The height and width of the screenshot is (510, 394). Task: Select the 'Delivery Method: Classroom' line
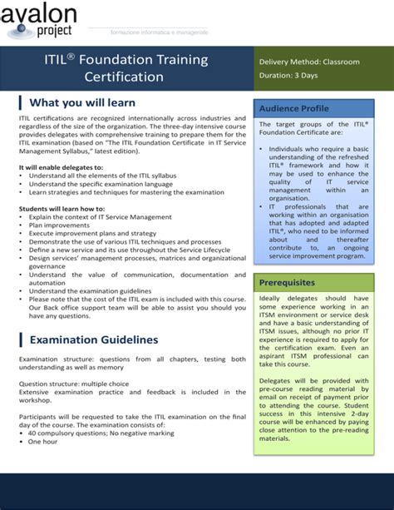309,62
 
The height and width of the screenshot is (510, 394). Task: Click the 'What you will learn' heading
81,102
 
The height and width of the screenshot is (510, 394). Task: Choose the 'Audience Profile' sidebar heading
293,109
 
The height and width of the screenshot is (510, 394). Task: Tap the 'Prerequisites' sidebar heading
287,282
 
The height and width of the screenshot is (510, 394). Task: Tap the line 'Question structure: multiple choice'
75,384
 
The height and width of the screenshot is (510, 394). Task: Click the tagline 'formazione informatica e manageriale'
160,31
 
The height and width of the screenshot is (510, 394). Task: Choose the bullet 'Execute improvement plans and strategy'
92,233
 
